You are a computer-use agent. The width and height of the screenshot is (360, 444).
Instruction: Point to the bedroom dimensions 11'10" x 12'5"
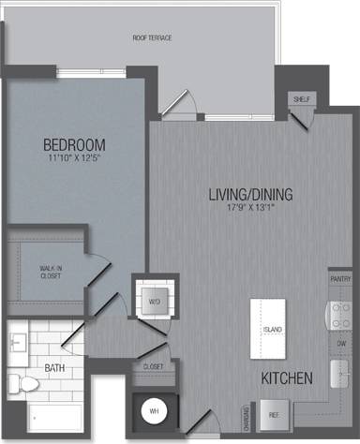coord(74,161)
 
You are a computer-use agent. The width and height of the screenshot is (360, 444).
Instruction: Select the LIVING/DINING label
coord(250,195)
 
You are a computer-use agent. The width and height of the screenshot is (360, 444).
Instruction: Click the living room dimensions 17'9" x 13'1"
coord(250,210)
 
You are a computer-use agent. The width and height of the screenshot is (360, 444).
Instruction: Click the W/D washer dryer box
coord(155,301)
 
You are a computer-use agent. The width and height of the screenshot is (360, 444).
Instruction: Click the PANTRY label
coord(340,279)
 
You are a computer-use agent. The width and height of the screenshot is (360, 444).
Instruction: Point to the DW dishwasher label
coord(341,343)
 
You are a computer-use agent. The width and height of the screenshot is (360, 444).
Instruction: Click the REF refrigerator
coord(274,413)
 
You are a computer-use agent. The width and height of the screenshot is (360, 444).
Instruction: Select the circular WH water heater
coord(152,410)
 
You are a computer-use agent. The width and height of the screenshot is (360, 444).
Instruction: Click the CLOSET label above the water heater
coord(155,366)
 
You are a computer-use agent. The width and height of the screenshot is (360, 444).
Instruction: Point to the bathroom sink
coord(19,341)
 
